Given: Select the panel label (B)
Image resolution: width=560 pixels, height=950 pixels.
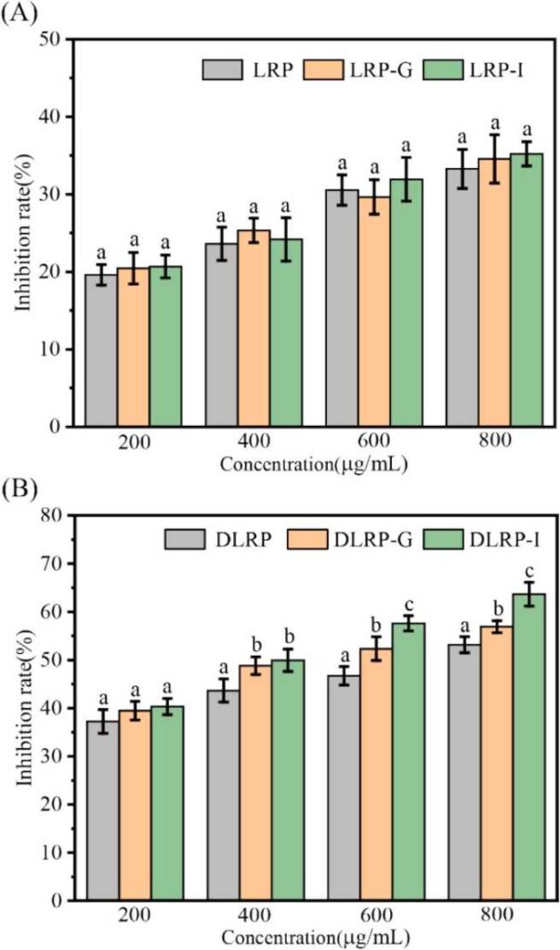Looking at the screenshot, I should coord(20,487).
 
